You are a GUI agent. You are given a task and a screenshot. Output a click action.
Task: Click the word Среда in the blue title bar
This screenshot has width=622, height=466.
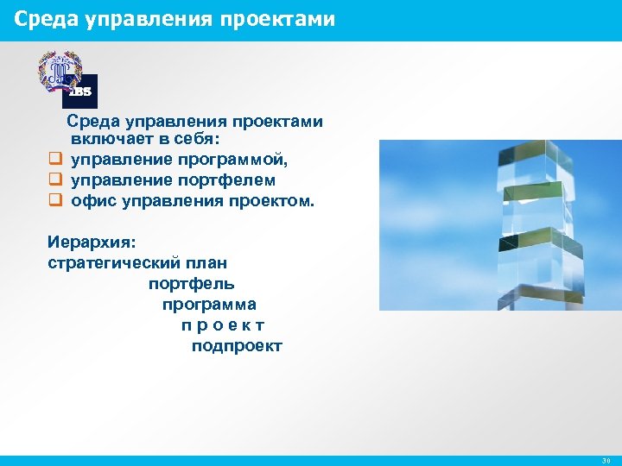[x=46, y=18]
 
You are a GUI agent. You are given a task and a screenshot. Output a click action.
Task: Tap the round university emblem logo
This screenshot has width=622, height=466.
[x=59, y=70]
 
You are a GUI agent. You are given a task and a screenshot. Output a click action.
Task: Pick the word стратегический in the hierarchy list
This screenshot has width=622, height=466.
[x=113, y=263]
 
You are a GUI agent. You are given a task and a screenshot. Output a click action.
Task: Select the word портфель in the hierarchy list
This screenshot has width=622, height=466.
[x=191, y=284]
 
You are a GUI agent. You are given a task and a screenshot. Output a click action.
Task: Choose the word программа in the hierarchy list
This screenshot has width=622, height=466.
[x=209, y=305]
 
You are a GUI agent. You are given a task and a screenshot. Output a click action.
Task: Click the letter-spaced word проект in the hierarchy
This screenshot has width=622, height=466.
[x=223, y=325]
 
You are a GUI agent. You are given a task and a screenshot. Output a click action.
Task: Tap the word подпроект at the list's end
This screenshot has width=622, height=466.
[x=237, y=346]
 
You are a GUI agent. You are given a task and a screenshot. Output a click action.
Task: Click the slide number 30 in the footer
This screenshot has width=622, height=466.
[x=606, y=461]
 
